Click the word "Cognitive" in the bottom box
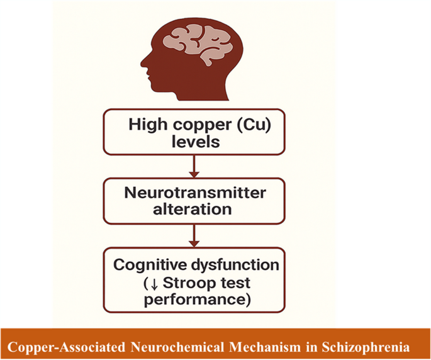pyautogui.click(x=147, y=265)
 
